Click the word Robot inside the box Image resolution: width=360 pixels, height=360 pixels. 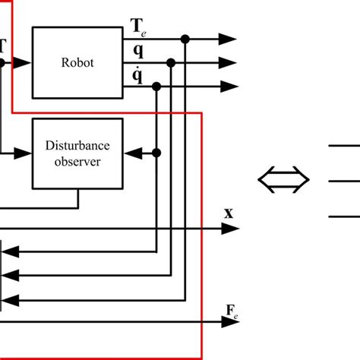77,63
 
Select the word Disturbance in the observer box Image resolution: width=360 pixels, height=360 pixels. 77,146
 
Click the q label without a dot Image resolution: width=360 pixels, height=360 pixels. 137,51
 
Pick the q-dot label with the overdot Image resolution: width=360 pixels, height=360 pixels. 137,76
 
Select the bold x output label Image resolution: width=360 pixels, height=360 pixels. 228,213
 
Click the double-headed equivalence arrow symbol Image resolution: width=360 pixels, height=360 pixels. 284,180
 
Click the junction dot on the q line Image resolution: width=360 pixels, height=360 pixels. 171,63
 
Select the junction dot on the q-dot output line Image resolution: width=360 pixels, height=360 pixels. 156,88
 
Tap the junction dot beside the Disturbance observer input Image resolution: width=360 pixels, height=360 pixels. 156,153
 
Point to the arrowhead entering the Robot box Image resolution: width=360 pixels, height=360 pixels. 24,63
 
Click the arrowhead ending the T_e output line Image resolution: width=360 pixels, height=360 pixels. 228,38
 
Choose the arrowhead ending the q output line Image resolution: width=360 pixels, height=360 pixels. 228,63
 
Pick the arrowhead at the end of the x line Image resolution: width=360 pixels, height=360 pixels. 228,227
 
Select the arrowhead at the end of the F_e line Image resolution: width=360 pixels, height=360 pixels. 228,322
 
